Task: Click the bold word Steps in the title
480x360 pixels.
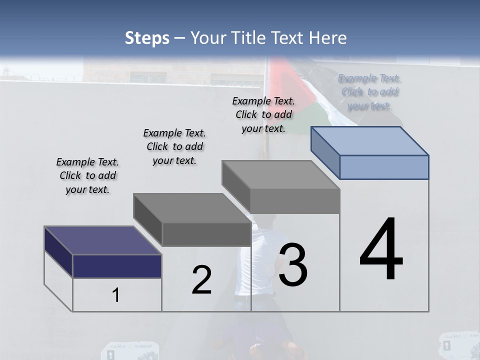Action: click(147, 38)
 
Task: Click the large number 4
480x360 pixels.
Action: click(381, 250)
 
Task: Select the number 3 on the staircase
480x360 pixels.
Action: click(293, 265)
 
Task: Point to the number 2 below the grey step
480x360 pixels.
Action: click(201, 280)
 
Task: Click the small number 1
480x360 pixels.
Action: click(115, 295)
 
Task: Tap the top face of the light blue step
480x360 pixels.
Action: click(370, 140)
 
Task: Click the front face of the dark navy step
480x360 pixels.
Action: click(117, 266)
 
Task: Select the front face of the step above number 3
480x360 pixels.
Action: click(295, 201)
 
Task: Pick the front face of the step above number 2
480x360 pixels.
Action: click(206, 234)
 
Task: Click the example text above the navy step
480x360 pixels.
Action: click(87, 175)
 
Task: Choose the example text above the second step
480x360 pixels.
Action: click(174, 146)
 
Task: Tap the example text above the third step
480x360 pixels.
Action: click(263, 114)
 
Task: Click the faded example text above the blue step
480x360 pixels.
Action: click(370, 92)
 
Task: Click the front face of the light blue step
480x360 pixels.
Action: click(384, 167)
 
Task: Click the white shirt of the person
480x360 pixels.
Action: click(250, 270)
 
